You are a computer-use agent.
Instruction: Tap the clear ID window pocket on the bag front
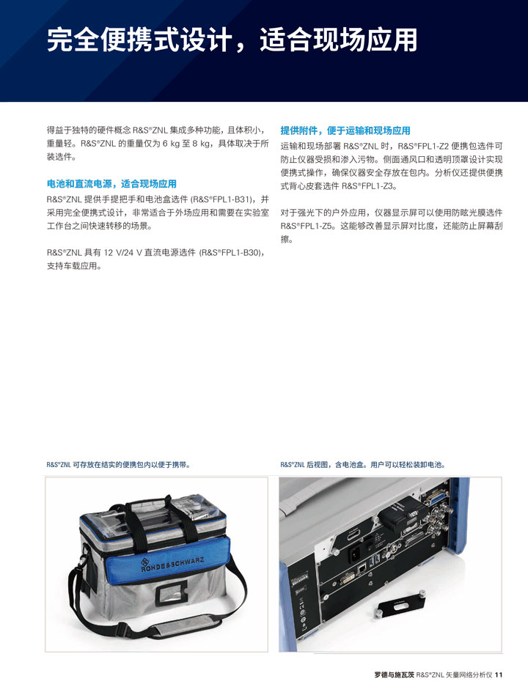[x=172, y=595]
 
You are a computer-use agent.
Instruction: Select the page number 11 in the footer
[x=499, y=675]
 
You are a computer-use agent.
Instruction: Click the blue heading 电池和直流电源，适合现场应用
[x=111, y=184]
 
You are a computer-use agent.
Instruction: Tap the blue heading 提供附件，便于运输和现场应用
[x=345, y=131]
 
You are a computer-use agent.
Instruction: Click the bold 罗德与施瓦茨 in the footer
[x=394, y=675]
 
